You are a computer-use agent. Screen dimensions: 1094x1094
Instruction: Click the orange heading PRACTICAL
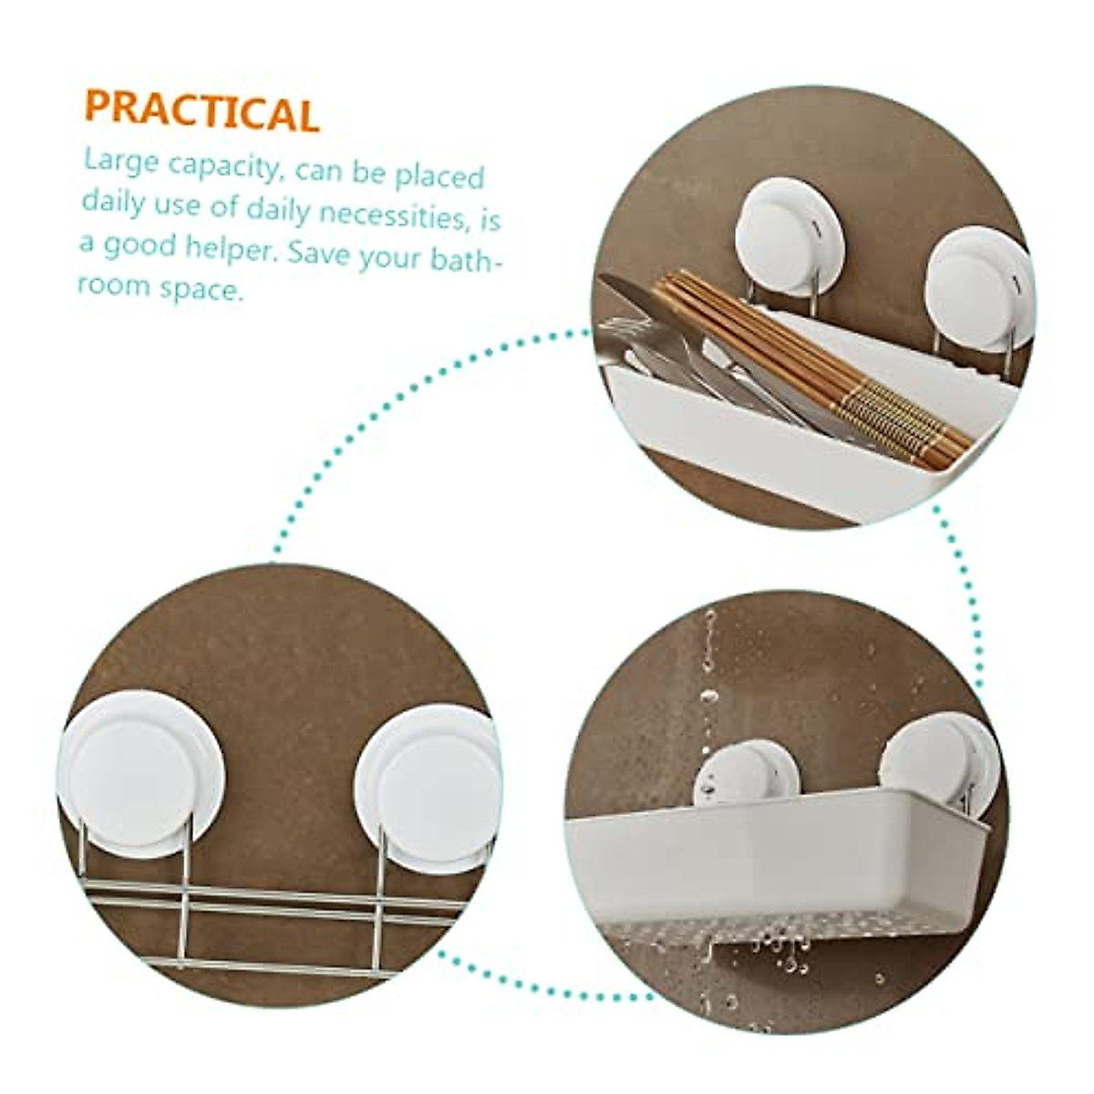point(201,109)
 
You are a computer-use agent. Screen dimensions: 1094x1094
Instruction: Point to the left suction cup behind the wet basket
point(746,771)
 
